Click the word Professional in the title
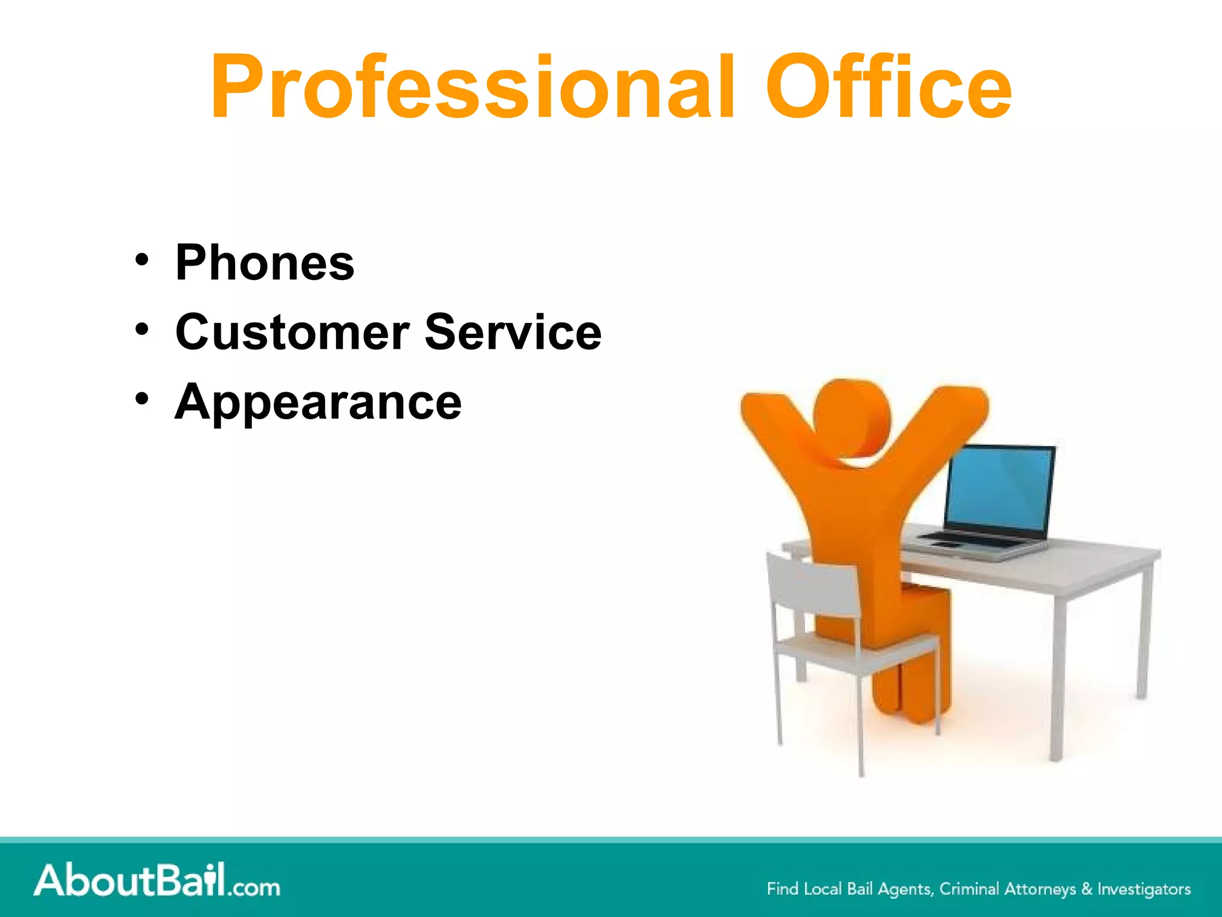point(471,88)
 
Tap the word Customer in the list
point(292,332)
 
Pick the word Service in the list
point(513,332)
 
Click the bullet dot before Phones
point(141,260)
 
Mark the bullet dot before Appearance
point(141,399)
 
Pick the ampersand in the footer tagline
point(1087,889)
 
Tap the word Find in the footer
point(782,889)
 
